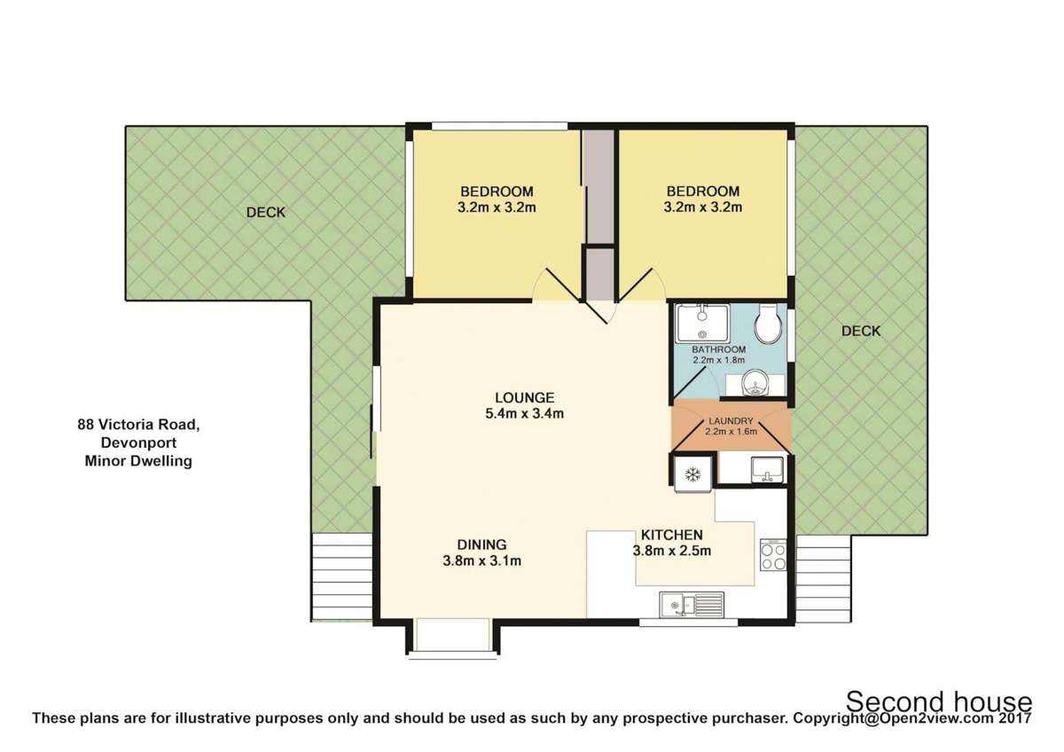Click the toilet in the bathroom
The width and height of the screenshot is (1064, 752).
point(767,325)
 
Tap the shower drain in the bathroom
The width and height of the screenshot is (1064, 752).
point(702,335)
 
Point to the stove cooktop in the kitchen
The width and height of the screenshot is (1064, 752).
point(772,554)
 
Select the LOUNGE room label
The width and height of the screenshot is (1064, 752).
point(525,397)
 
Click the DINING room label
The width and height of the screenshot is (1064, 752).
point(481,544)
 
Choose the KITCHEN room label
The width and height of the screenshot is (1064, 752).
point(672,535)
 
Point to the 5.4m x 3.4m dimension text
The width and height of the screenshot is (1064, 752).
point(525,413)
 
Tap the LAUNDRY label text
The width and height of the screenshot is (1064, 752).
point(731,421)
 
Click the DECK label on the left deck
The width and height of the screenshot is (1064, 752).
point(266,212)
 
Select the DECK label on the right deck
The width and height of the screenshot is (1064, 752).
point(860,331)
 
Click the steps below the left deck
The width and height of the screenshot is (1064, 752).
point(340,576)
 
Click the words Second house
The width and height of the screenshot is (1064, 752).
point(938,701)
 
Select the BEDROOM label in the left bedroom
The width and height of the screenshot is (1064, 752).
point(497,192)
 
